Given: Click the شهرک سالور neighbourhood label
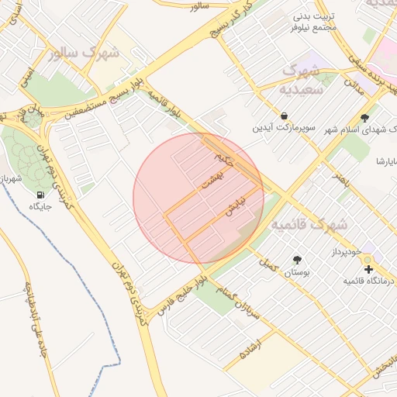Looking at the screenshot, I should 84,54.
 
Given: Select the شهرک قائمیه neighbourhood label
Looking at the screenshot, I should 309,224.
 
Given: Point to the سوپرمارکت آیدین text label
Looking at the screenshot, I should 285,127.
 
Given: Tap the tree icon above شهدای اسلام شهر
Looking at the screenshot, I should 364,118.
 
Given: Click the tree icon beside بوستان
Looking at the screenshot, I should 297,260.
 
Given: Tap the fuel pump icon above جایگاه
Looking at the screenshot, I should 40,194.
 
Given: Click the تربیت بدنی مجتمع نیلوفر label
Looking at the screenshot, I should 313,21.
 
